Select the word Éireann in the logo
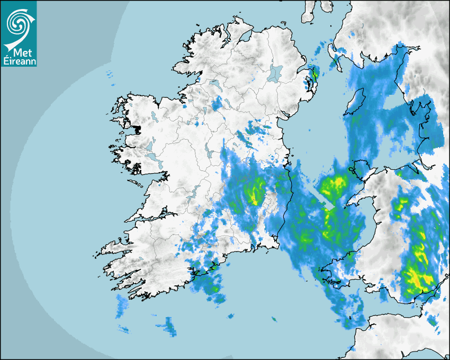click(x=20, y=61)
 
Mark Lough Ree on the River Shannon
click(x=209, y=154)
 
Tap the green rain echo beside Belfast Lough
click(x=315, y=74)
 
